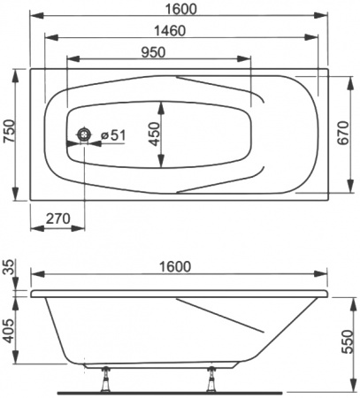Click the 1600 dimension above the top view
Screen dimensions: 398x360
tap(180, 9)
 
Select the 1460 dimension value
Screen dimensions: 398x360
tap(180, 29)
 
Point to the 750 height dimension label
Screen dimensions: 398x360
tap(9, 134)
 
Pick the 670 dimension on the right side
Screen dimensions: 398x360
tap(348, 133)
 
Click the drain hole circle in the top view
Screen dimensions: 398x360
tap(85, 134)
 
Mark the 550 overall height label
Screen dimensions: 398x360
tap(349, 338)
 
